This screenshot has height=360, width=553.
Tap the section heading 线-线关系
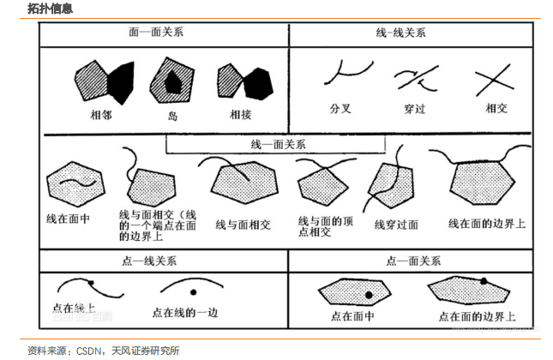pyautogui.click(x=400, y=33)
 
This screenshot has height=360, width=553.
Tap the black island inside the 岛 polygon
pyautogui.click(x=172, y=81)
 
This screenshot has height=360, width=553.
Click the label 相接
pyautogui.click(x=240, y=112)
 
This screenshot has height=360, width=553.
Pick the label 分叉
pyautogui.click(x=340, y=109)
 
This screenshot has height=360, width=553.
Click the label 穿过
pyautogui.click(x=415, y=109)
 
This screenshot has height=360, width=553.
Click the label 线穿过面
pyautogui.click(x=396, y=225)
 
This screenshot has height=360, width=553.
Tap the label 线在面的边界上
pyautogui.click(x=487, y=223)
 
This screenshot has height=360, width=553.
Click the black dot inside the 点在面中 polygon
pyautogui.click(x=369, y=296)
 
